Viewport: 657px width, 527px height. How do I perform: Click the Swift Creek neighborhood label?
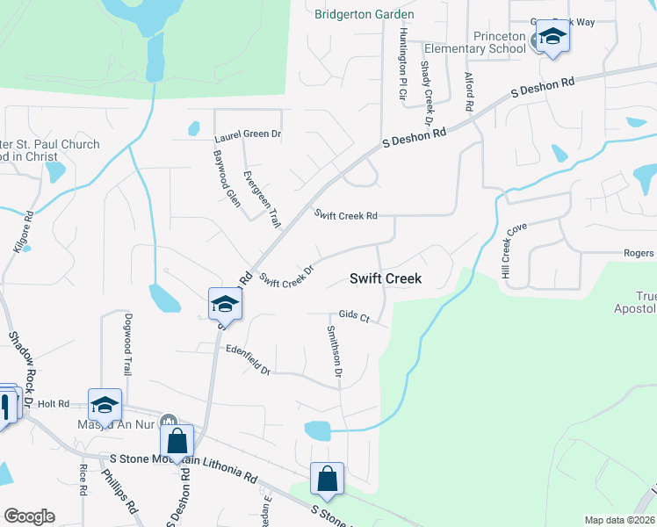(x=386, y=278)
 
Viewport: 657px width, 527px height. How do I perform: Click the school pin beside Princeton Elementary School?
(x=552, y=37)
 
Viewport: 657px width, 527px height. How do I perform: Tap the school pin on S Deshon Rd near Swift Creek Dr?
(x=225, y=306)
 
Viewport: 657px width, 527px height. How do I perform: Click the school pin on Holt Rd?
(x=105, y=406)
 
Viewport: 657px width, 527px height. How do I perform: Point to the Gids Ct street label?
(x=354, y=314)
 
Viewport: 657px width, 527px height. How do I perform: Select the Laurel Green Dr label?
(x=248, y=136)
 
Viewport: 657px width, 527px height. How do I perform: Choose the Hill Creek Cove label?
(x=513, y=251)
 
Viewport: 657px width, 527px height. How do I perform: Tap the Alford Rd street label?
(x=469, y=91)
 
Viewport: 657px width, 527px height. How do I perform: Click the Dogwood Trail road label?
(x=128, y=344)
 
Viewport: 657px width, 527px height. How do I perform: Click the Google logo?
(x=29, y=516)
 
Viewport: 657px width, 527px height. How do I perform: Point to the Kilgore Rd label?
(x=24, y=231)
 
